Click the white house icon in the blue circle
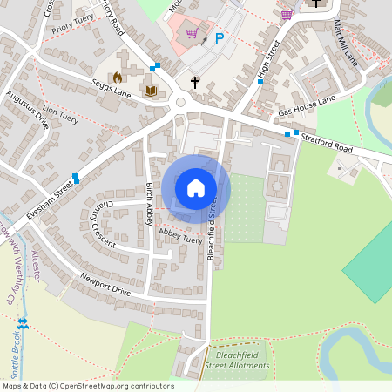tap(196, 187)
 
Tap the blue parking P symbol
tap(220, 37)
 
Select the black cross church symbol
tap(195, 83)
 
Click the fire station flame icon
tap(118, 78)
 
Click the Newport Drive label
tap(105, 286)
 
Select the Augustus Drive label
tap(27, 109)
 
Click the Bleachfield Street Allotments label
tap(238, 362)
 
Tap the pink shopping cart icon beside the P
tap(192, 34)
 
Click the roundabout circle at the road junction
tap(181, 102)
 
